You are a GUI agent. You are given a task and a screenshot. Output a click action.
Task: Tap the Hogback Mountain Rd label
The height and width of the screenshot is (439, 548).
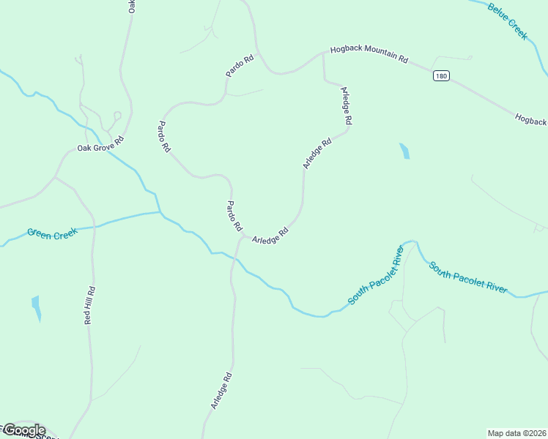click(369, 54)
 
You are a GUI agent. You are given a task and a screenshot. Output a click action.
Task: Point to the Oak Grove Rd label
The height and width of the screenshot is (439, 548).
click(100, 143)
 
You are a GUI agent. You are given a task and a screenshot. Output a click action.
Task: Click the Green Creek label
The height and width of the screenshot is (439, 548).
click(52, 233)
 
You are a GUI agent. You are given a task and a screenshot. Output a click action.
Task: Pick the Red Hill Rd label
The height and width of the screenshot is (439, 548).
click(89, 304)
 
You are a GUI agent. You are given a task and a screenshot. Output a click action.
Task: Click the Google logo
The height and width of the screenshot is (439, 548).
click(24, 430)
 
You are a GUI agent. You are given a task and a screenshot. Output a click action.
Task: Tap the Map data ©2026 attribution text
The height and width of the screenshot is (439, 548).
click(516, 433)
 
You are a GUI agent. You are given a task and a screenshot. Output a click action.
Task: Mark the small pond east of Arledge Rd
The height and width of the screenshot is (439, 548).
click(404, 151)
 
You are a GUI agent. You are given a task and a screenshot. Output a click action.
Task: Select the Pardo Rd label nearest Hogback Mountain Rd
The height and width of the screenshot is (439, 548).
click(240, 65)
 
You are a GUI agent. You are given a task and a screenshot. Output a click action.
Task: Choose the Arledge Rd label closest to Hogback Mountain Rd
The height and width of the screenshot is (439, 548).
click(347, 105)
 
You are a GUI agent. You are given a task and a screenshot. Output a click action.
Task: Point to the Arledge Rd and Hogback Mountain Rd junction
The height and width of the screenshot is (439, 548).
click(323, 53)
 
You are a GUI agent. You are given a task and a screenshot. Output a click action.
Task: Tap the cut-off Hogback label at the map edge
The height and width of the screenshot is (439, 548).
click(530, 119)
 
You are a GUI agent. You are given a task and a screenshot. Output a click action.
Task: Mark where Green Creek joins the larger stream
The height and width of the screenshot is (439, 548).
click(161, 213)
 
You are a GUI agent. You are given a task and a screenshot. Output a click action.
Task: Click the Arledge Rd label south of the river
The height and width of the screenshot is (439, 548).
click(221, 391)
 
